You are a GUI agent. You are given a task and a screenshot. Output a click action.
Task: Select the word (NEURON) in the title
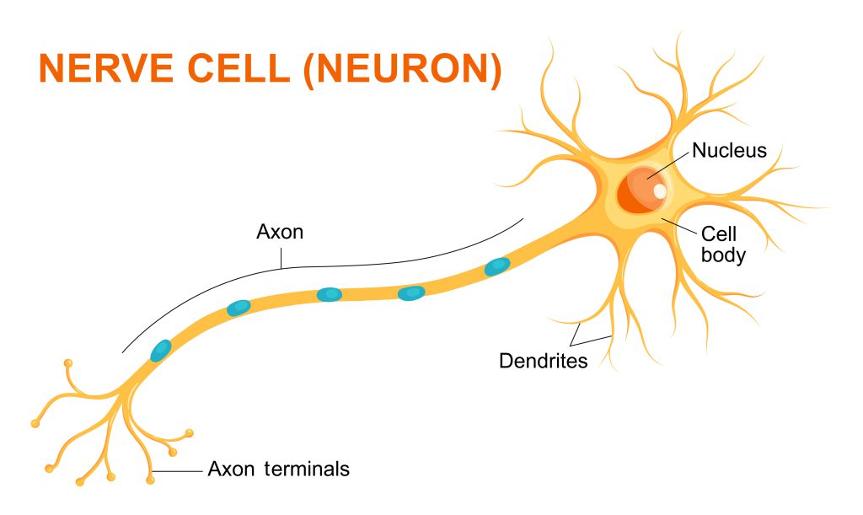[404, 69]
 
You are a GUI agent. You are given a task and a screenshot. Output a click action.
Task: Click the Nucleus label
[729, 151]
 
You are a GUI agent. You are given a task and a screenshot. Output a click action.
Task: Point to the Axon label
[279, 231]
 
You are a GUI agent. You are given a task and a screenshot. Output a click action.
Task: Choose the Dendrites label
[543, 361]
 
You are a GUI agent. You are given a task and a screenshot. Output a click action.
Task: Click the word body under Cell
[723, 255]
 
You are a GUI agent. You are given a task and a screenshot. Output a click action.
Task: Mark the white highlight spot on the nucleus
[659, 191]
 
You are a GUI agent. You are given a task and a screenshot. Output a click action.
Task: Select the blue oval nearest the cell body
[497, 267]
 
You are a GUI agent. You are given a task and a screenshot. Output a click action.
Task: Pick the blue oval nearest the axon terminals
[160, 349]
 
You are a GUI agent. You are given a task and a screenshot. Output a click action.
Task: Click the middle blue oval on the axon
[329, 294]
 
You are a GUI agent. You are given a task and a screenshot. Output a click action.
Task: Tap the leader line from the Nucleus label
[668, 164]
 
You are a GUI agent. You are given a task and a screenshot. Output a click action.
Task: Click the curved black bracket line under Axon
[278, 268]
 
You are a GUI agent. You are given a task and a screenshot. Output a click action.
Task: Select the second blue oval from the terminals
[239, 308]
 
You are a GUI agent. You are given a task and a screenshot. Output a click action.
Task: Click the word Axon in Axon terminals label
[230, 468]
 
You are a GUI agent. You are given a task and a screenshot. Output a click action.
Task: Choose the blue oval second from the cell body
[411, 292]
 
